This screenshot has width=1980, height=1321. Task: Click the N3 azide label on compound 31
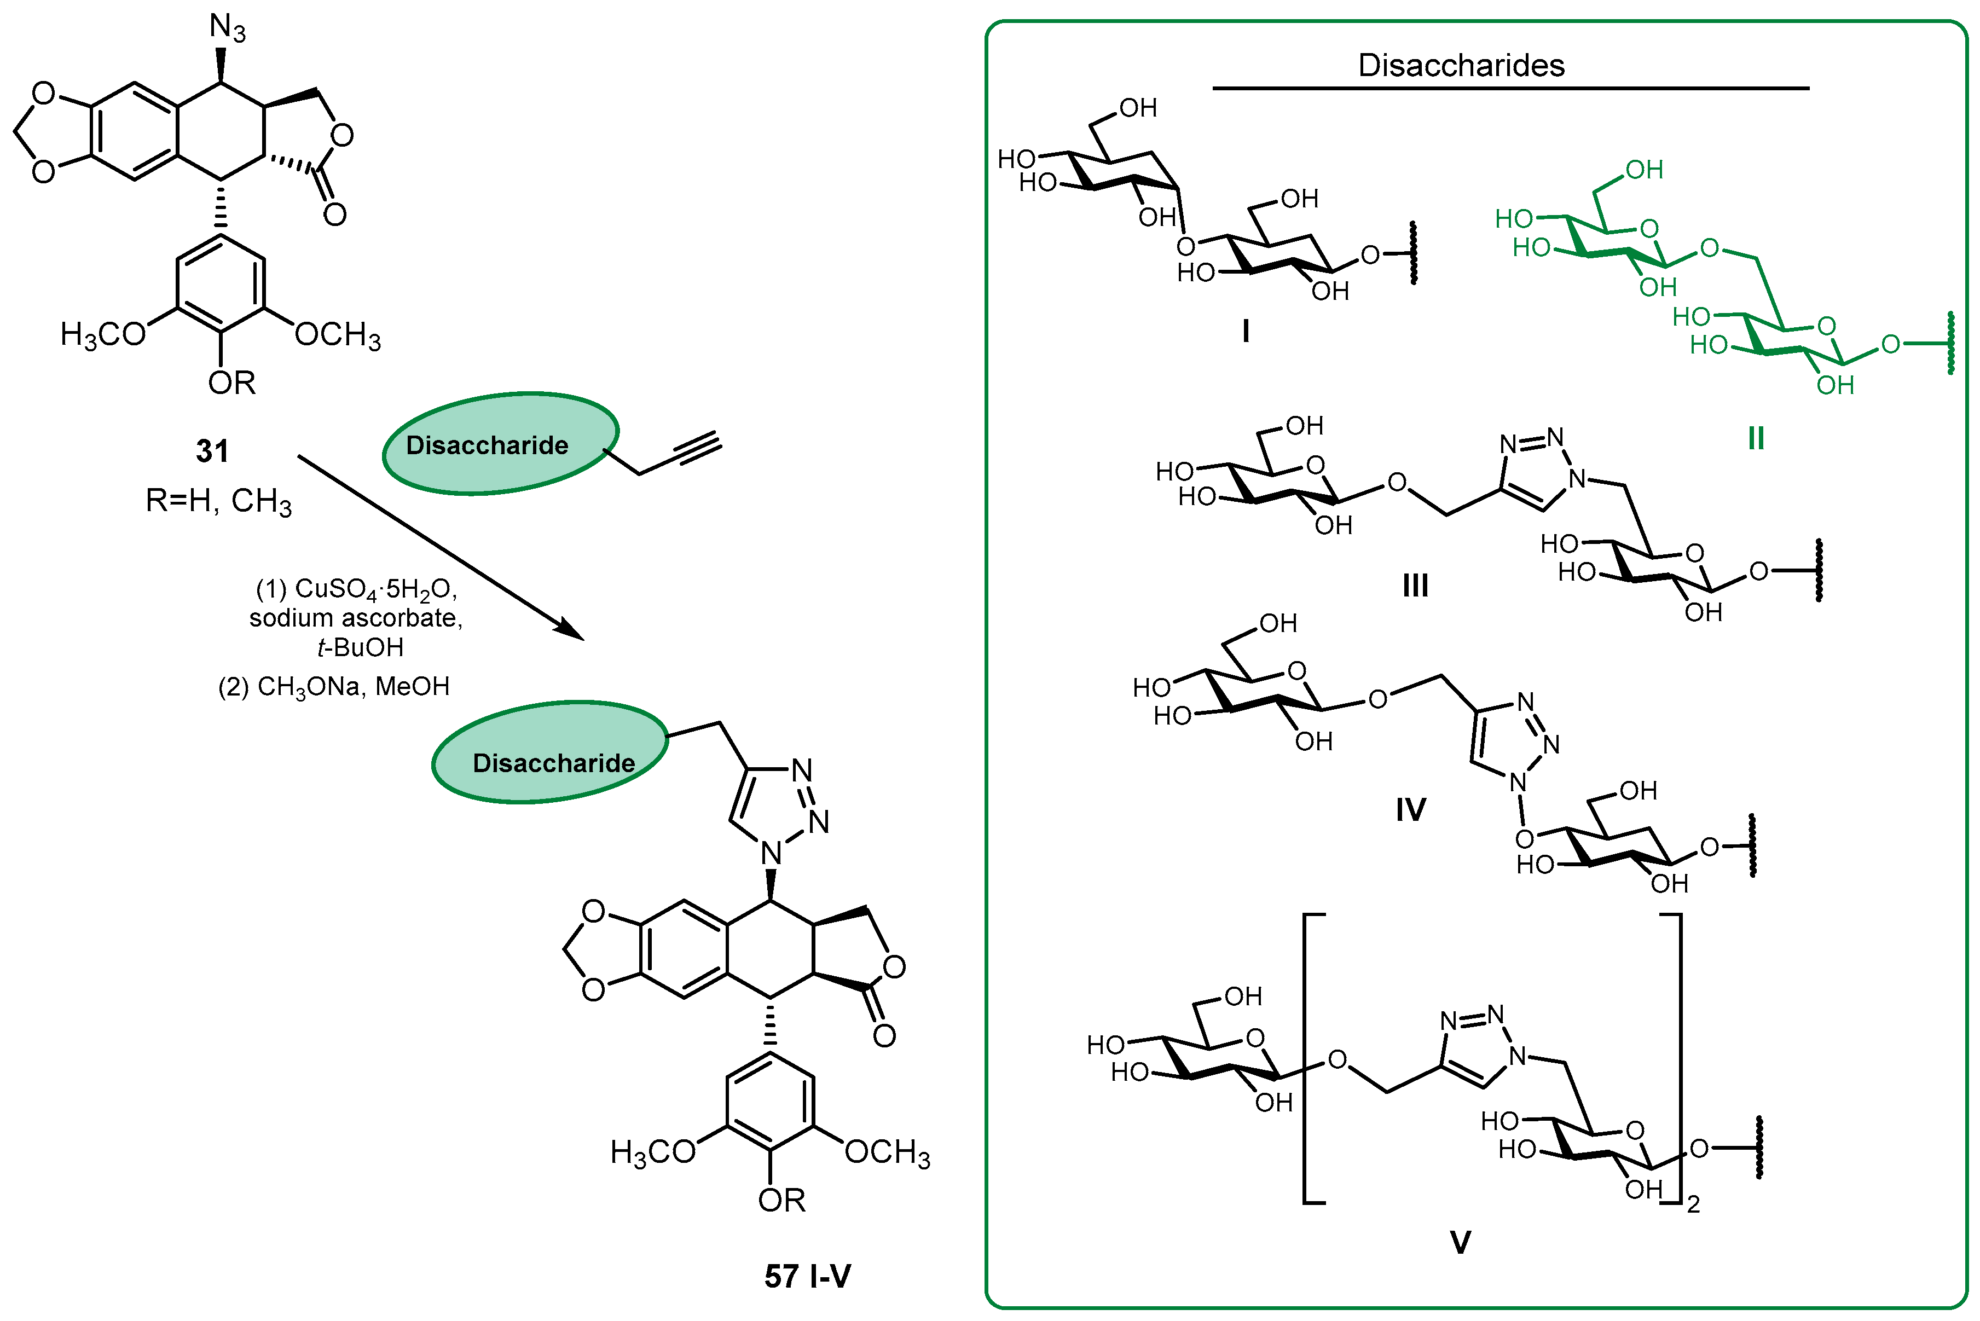click(x=227, y=28)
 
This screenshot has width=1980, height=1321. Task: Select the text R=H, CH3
click(x=218, y=501)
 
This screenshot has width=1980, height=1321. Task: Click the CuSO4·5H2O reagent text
click(x=356, y=589)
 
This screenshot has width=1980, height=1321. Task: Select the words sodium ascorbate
click(x=356, y=618)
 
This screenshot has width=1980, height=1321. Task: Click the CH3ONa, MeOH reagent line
click(x=334, y=687)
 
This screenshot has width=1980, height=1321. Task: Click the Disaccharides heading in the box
click(x=1461, y=65)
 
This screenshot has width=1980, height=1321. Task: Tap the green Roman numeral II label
click(x=1756, y=439)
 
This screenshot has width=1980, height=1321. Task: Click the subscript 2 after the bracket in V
click(x=1694, y=1206)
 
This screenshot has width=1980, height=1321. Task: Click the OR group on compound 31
click(x=231, y=383)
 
